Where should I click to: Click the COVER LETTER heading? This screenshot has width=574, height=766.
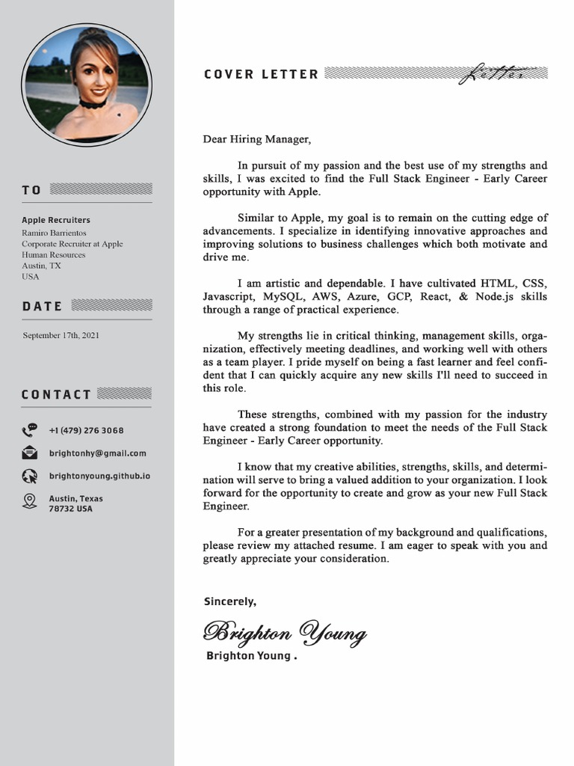[261, 74]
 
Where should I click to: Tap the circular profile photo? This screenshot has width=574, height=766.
[87, 85]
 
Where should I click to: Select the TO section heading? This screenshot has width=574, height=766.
[31, 190]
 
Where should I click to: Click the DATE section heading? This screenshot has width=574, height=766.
[42, 306]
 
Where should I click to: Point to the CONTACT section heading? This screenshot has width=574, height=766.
[56, 394]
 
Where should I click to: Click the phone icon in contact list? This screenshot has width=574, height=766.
[30, 430]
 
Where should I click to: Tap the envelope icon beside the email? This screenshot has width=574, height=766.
[30, 453]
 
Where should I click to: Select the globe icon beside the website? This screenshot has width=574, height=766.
[30, 476]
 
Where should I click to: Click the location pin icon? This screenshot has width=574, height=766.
[30, 501]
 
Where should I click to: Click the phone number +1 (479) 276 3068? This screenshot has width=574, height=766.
[86, 430]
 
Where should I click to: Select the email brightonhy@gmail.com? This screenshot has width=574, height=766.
[97, 453]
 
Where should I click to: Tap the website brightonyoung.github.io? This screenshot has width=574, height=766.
[99, 476]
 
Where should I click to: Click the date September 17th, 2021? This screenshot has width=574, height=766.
[61, 335]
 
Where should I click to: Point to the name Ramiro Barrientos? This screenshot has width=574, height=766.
[54, 233]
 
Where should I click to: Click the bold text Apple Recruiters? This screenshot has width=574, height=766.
[55, 220]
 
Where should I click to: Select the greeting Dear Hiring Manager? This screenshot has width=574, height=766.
[256, 138]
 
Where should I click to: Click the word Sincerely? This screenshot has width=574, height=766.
[229, 601]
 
